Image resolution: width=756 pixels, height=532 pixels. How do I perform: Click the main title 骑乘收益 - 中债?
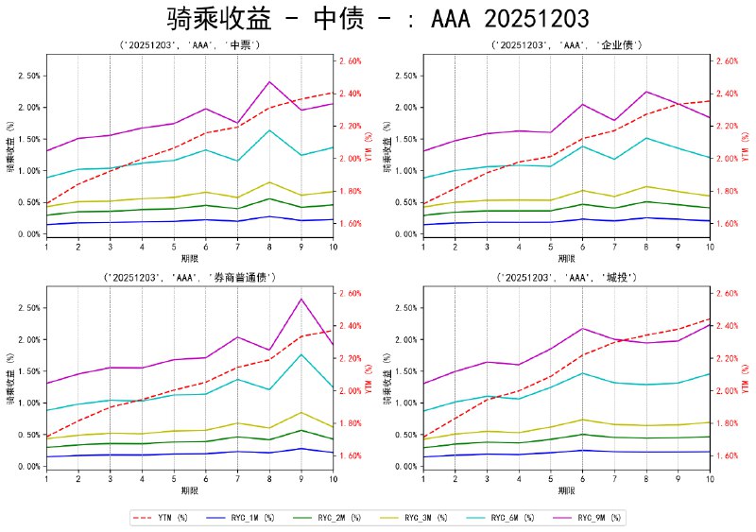378,19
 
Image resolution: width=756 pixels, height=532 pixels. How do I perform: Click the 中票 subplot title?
189,44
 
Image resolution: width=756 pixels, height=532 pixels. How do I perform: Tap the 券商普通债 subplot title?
189,277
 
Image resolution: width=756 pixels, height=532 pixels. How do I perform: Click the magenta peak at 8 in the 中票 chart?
270,82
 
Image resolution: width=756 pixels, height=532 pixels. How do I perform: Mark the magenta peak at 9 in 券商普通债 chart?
301,299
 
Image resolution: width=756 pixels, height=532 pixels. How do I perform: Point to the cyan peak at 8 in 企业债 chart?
646,138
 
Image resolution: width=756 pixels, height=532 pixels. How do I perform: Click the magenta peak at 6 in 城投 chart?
582,328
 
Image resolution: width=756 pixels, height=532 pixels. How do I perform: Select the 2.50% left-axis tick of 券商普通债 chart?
26,308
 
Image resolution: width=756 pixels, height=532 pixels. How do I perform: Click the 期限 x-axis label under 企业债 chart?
566,257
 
